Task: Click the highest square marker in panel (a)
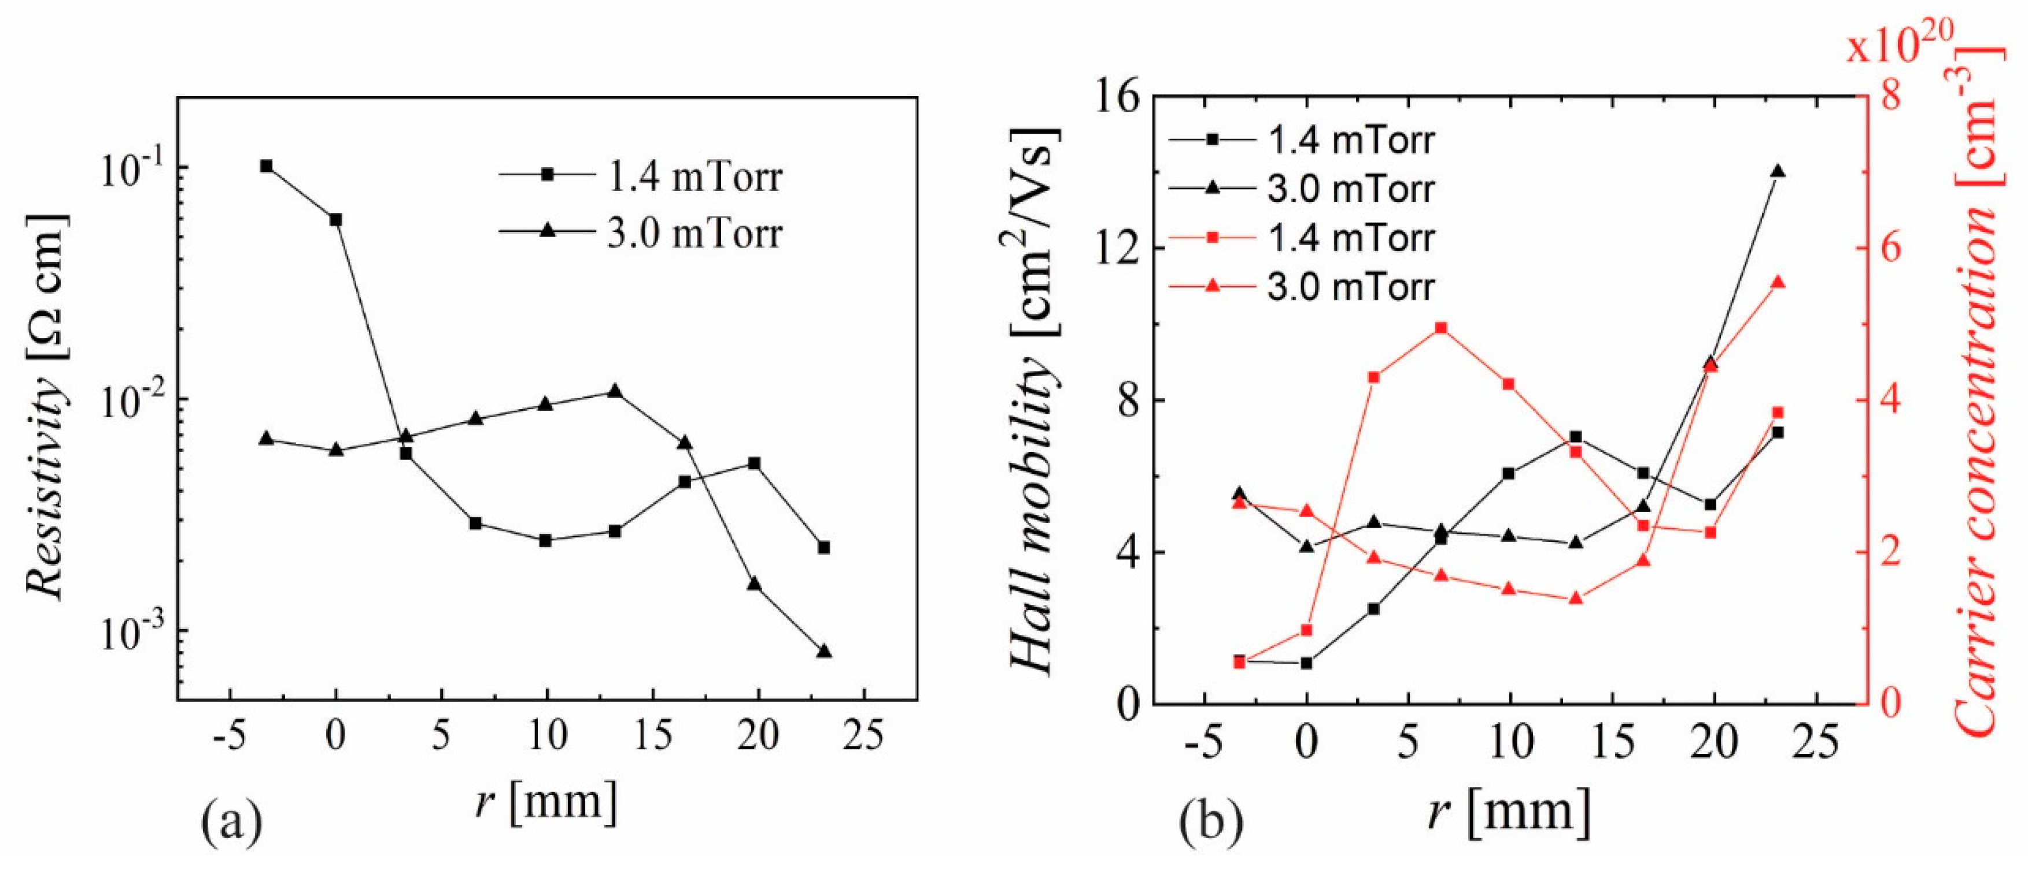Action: coord(267,166)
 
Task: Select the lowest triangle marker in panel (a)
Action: coord(824,652)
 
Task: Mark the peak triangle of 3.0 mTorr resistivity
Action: coord(615,391)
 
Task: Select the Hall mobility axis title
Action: coord(1034,402)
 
